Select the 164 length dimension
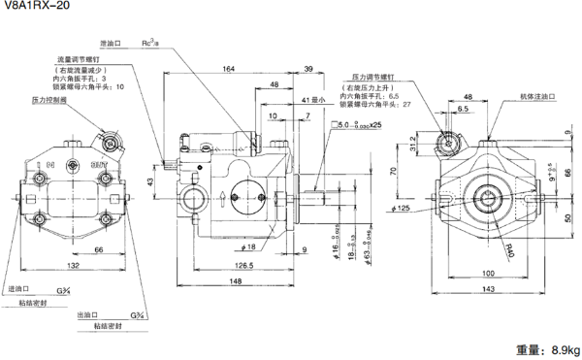tap(228, 69)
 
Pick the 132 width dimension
tap(74, 266)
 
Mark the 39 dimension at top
tap(307, 69)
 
